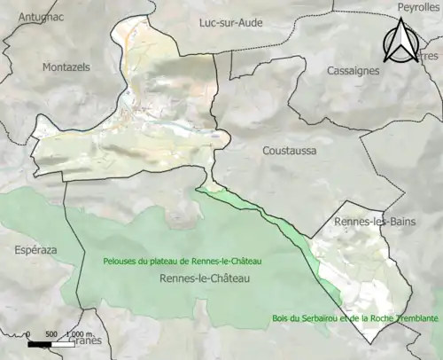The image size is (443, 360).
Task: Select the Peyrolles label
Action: coord(419,7)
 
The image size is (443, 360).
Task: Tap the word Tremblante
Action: coord(415,318)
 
